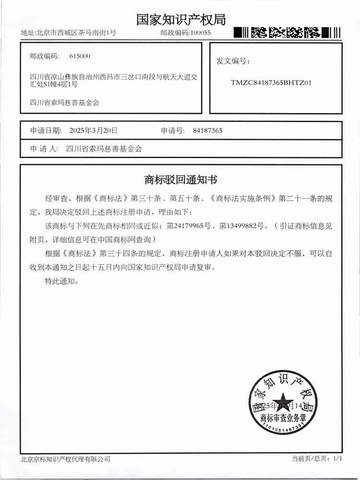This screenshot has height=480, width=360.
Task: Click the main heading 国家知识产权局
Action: coord(180,19)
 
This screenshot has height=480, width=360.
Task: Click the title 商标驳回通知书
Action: coord(180,180)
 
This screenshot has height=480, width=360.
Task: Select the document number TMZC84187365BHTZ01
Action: coord(272,83)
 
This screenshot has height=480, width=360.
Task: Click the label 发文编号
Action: coord(233,61)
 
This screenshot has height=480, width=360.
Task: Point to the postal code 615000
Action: coord(80,56)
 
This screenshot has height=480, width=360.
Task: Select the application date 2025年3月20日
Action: coord(94,130)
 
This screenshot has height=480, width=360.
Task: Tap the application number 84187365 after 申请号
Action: coord(207,130)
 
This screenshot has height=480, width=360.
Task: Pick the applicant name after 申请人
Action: coord(104,149)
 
